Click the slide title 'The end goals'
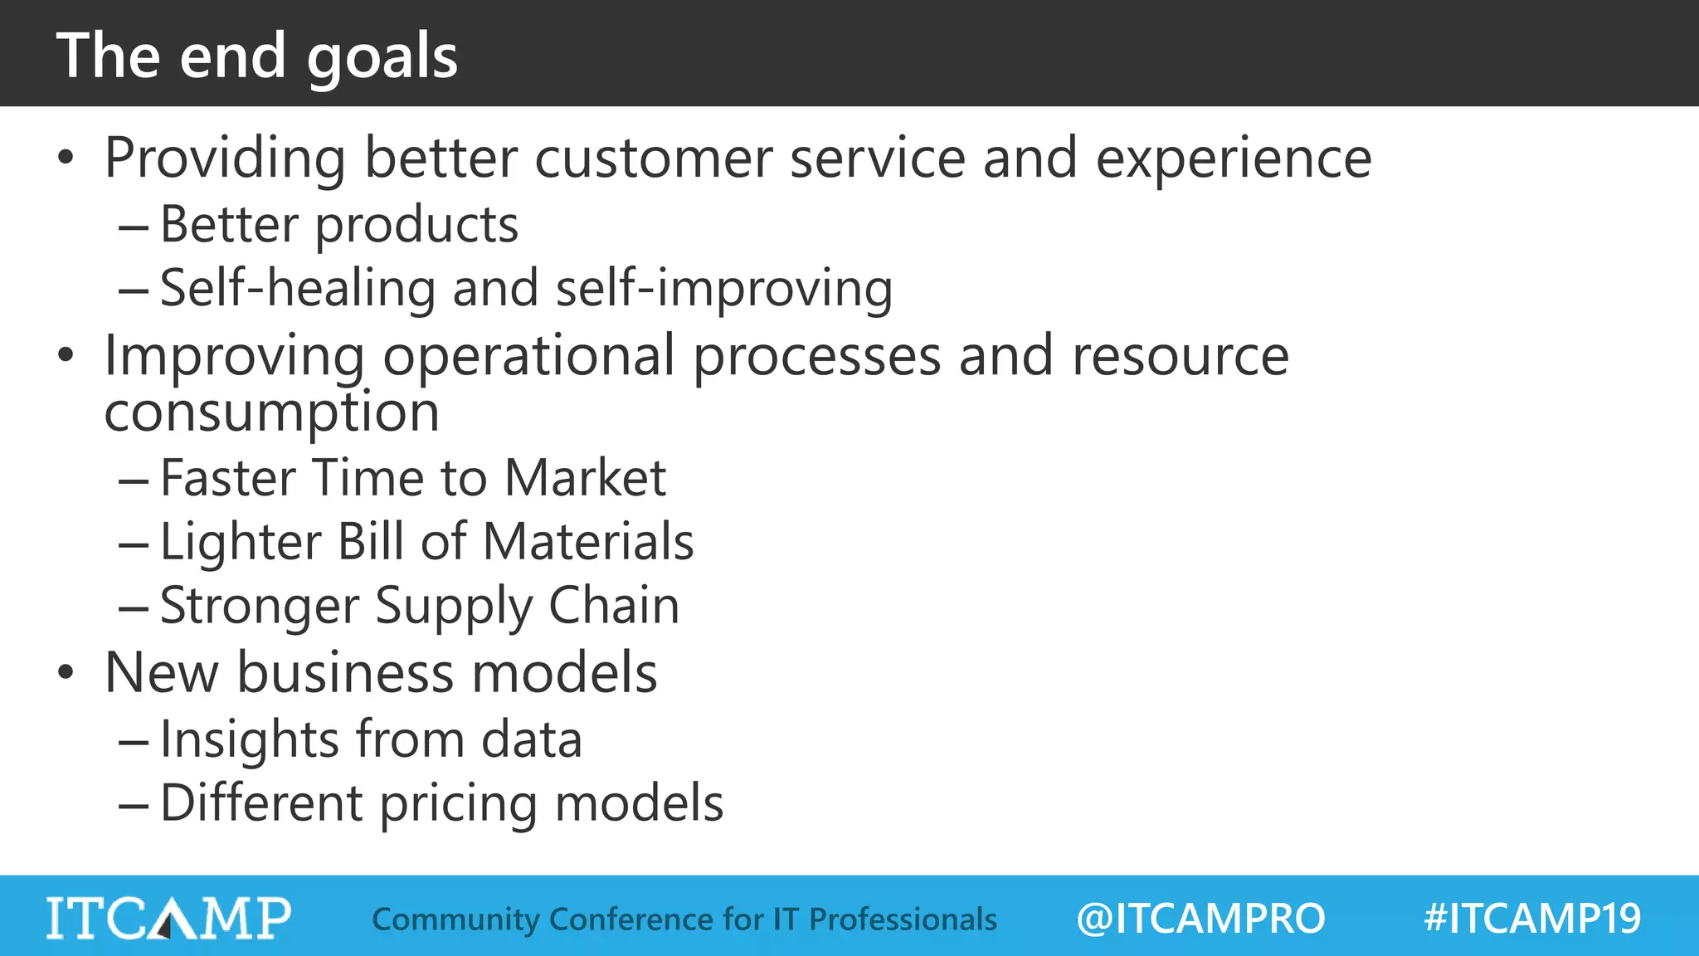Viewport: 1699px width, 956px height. pyautogui.click(x=257, y=56)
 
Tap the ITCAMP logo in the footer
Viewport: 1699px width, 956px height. pyautogui.click(x=168, y=918)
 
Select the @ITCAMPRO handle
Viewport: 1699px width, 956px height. pyautogui.click(x=1200, y=919)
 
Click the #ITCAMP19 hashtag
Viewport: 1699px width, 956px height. pyautogui.click(x=1531, y=919)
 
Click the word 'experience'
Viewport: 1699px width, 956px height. pyautogui.click(x=1234, y=159)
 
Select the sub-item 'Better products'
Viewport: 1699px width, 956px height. pyautogui.click(x=338, y=225)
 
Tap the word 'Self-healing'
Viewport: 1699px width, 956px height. pyautogui.click(x=297, y=289)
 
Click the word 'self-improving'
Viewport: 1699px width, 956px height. pyautogui.click(x=723, y=289)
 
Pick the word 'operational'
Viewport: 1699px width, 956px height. pyautogui.click(x=528, y=357)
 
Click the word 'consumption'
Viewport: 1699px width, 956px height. pyautogui.click(x=271, y=412)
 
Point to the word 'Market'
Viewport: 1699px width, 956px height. pyautogui.click(x=585, y=478)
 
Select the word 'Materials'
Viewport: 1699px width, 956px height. pyautogui.click(x=588, y=542)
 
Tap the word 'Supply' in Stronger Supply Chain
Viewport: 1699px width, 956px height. pyautogui.click(x=454, y=607)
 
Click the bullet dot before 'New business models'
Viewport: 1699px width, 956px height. pyautogui.click(x=66, y=673)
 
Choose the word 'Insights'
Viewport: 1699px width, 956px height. pyautogui.click(x=250, y=739)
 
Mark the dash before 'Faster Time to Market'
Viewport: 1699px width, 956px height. pyautogui.click(x=133, y=481)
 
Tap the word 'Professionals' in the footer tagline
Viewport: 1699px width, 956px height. pyautogui.click(x=903, y=919)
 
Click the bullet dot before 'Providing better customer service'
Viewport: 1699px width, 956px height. pyautogui.click(x=66, y=158)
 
